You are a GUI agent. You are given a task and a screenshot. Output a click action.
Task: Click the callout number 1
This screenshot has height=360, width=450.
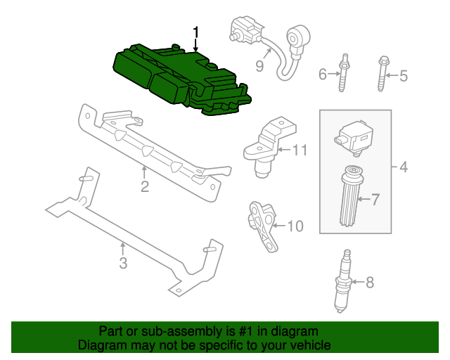coord(196,32)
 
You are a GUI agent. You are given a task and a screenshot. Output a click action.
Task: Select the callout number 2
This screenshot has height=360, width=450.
coord(144,186)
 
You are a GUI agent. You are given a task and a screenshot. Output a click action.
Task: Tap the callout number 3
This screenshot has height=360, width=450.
coord(123,264)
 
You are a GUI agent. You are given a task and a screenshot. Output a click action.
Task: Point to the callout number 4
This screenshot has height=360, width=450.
coord(403,167)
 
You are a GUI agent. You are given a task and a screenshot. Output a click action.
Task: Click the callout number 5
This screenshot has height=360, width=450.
coord(403,75)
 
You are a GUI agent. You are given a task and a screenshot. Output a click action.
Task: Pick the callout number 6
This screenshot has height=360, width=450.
coord(323,74)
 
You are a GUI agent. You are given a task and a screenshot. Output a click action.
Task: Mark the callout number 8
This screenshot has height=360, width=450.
coord(370,283)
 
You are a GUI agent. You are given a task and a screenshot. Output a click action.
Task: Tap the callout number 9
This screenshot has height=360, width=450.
coord(259,66)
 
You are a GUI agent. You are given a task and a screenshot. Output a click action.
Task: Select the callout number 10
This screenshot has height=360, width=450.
coord(295,226)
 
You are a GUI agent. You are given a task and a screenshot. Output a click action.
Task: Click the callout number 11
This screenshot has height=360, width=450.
coord(300,149)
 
